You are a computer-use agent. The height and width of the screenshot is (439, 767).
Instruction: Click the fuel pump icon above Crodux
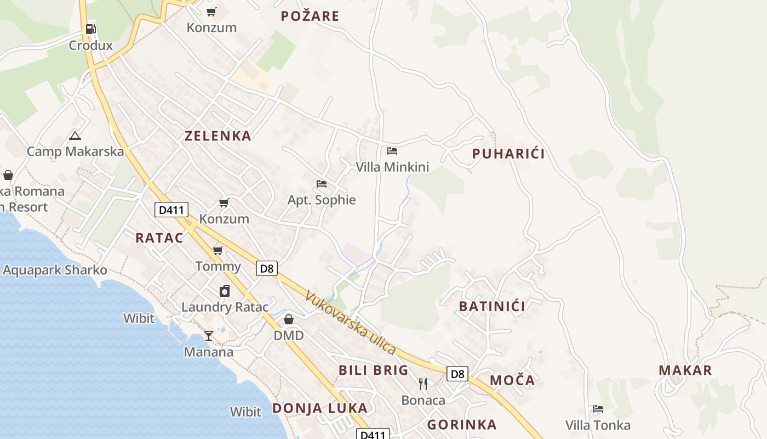click(91, 29)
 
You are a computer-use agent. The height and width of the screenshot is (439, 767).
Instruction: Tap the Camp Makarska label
click(75, 151)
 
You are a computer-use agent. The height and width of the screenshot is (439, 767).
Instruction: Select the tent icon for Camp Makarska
click(75, 136)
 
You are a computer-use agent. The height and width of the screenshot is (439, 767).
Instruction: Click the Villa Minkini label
click(392, 167)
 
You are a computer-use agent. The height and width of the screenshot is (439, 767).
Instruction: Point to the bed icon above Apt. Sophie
click(322, 183)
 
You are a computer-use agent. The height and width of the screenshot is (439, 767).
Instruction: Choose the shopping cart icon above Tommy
click(218, 251)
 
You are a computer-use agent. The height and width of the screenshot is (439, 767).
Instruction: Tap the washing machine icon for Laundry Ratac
click(225, 291)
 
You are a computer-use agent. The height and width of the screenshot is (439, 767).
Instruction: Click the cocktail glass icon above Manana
click(208, 335)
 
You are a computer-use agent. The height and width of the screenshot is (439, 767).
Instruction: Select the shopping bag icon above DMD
click(289, 319)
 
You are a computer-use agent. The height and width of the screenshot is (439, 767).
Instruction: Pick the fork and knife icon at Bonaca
click(423, 384)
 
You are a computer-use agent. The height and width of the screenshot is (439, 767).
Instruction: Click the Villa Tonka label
click(598, 425)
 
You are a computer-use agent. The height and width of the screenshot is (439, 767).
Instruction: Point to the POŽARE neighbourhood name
click(310, 16)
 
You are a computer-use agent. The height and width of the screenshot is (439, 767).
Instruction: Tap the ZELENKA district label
click(218, 136)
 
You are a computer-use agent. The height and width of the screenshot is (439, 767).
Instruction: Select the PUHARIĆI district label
click(508, 154)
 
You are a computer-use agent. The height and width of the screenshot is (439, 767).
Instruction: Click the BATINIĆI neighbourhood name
click(492, 306)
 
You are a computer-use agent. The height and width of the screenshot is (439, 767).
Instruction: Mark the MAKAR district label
click(685, 370)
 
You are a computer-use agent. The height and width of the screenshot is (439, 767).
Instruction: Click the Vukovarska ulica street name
click(351, 322)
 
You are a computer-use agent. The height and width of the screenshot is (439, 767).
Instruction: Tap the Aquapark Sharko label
click(55, 270)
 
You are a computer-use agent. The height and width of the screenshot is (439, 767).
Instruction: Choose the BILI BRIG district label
click(374, 370)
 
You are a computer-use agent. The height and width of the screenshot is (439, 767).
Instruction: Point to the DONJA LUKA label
click(320, 408)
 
